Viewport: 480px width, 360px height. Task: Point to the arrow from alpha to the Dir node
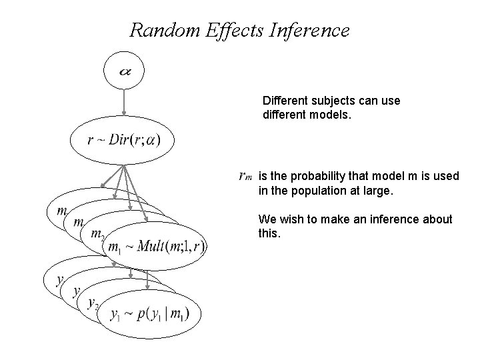[x=124, y=103]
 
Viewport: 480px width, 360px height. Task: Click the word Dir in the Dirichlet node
[x=120, y=140]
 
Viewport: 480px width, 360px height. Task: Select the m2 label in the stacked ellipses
[x=97, y=235]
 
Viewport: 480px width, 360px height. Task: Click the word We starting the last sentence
[x=266, y=219]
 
